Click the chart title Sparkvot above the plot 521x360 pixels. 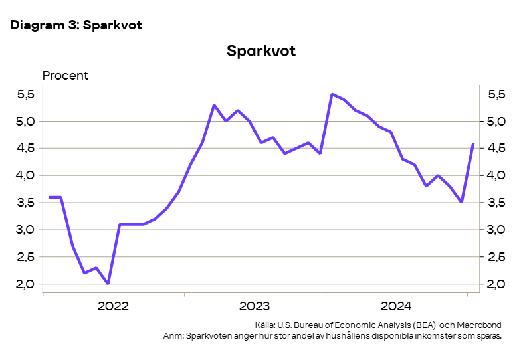pos(260,52)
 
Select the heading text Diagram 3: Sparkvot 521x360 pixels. pos(76,25)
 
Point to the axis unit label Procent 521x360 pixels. pos(65,75)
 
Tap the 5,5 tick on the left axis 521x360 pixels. pos(26,94)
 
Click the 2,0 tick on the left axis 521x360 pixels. pos(26,284)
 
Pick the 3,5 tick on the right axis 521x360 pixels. pos(495,203)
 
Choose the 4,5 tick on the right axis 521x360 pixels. pos(495,149)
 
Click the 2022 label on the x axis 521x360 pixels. pos(113,306)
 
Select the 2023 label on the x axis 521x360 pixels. pos(254,306)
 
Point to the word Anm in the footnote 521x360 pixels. pos(172,336)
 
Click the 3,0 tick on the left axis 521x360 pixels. pos(26,230)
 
